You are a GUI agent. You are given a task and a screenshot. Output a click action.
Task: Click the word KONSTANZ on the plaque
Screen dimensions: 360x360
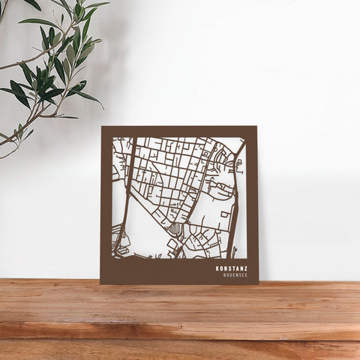tap(232, 268)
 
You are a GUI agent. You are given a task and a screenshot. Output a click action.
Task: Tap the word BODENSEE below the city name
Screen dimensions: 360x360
tap(235, 275)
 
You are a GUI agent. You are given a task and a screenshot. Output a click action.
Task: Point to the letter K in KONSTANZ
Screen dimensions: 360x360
tap(217, 268)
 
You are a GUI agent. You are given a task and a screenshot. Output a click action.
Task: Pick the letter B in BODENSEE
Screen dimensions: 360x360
tap(224, 275)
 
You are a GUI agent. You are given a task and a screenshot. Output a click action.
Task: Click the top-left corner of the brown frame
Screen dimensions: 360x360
tap(103, 127)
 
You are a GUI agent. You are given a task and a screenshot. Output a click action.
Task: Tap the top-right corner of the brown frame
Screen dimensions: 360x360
tap(256, 127)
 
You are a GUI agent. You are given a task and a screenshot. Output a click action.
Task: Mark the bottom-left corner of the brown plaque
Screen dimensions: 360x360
tap(100, 283)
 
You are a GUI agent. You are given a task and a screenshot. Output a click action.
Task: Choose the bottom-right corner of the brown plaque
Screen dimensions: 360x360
tap(258, 283)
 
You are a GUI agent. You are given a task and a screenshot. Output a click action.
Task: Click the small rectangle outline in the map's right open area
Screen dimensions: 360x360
tap(224, 214)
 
